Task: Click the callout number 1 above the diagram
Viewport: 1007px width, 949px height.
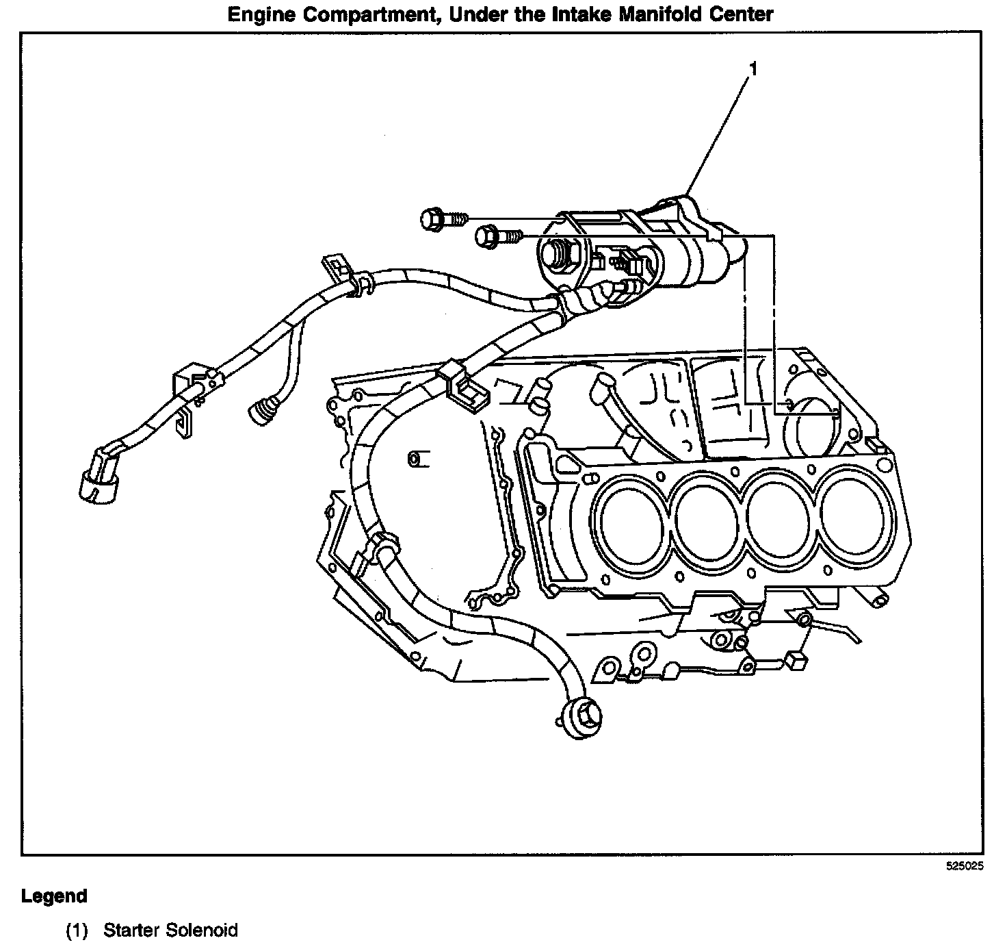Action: (x=753, y=68)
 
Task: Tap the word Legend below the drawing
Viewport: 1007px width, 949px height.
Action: (x=54, y=896)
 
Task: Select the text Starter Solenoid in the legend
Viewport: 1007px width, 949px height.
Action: (x=170, y=930)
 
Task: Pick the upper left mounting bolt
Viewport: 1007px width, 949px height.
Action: (x=441, y=219)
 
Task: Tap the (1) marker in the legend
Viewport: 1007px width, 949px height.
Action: (x=77, y=930)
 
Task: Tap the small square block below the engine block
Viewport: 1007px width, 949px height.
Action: (x=796, y=661)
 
